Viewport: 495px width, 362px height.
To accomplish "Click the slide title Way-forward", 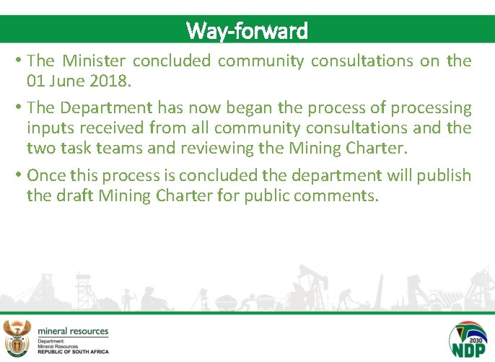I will [247, 31].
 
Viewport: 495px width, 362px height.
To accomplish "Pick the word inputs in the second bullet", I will [48, 128].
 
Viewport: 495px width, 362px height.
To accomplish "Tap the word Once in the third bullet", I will [45, 175].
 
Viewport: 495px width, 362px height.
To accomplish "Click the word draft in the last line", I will [76, 195].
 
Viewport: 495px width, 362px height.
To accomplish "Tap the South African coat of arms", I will [17, 337].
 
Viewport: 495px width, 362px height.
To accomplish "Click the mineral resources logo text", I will [73, 331].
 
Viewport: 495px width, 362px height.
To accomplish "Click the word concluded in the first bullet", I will [172, 61].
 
